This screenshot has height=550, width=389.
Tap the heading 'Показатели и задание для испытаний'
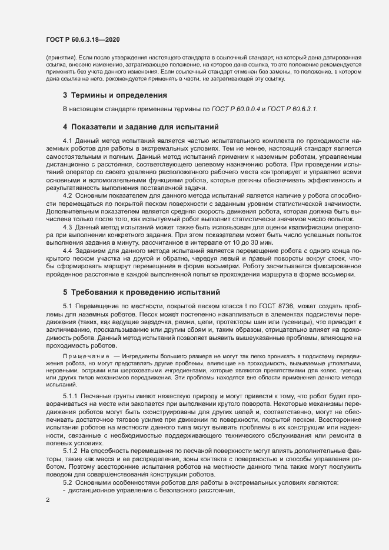pos(144,126)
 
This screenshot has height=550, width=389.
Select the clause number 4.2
pos(67,195)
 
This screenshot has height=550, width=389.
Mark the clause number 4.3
pos(67,227)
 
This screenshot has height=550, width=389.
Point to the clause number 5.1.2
pos(70,450)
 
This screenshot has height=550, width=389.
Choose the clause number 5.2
pos(67,482)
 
